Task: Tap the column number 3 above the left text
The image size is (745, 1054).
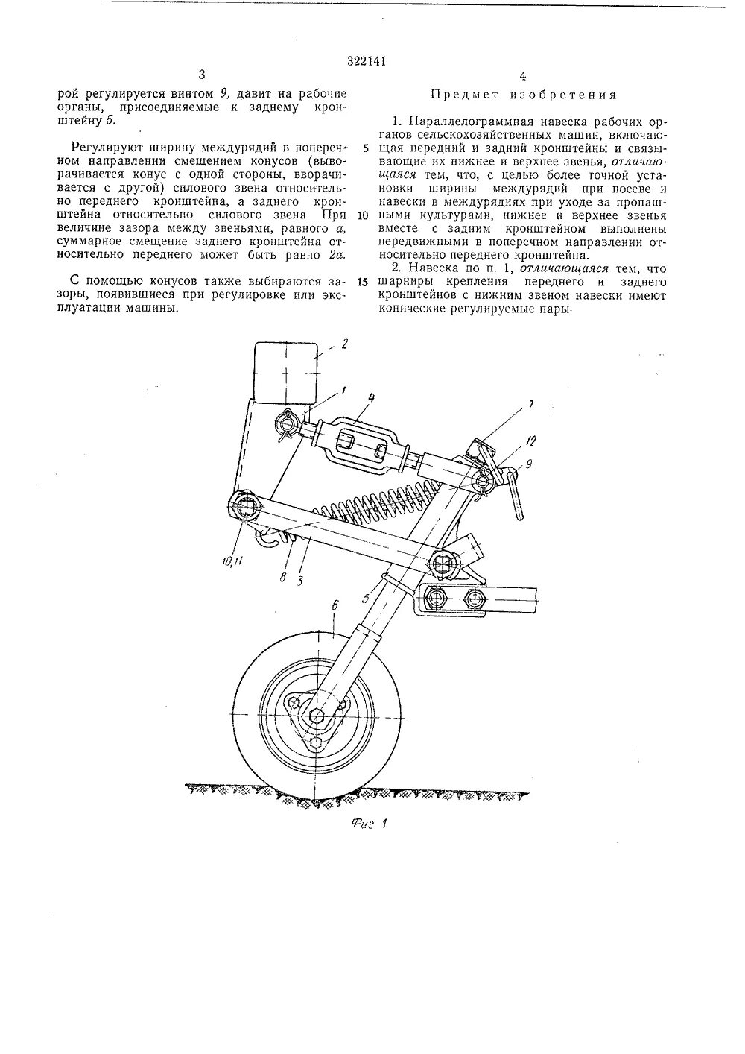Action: point(202,75)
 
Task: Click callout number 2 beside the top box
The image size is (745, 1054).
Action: point(344,344)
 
